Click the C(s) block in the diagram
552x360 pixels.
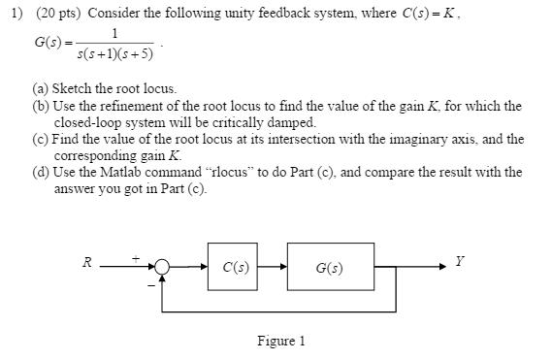233,267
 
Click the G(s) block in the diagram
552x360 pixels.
329,267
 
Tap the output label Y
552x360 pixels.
459,261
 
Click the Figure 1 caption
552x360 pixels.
280,341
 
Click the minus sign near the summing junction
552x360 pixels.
150,284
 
